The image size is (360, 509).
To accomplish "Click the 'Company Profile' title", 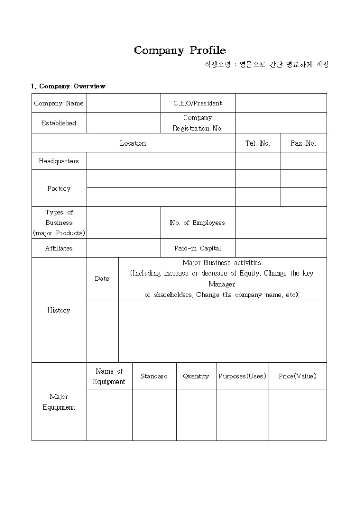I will pyautogui.click(x=179, y=50).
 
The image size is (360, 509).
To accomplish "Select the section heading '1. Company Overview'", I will pyautogui.click(x=68, y=86).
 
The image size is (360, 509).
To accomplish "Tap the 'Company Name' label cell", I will pyautogui.click(x=59, y=103).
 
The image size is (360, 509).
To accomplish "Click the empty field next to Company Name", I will pyautogui.click(x=124, y=103).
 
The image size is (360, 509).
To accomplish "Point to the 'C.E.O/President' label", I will pyautogui.click(x=197, y=103).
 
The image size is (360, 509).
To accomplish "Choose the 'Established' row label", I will pyautogui.click(x=59, y=123).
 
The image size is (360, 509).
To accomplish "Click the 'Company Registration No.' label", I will pyautogui.click(x=197, y=123).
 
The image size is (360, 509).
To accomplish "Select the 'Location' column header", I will pyautogui.click(x=133, y=143).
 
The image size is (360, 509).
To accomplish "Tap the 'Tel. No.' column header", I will pyautogui.click(x=258, y=143).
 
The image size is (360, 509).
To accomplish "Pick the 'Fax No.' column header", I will pyautogui.click(x=303, y=143).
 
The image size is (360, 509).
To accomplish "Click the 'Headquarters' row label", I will pyautogui.click(x=59, y=161).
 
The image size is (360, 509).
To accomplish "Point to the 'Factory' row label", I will pyautogui.click(x=59, y=188).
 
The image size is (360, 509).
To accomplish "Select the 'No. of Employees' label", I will pyautogui.click(x=197, y=223).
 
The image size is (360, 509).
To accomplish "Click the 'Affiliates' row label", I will pyautogui.click(x=59, y=248).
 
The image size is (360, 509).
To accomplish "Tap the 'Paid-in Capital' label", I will pyautogui.click(x=197, y=248).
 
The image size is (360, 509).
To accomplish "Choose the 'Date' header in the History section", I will pyautogui.click(x=102, y=278).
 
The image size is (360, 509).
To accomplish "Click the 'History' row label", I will pyautogui.click(x=59, y=310).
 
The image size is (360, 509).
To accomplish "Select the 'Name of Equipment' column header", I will pyautogui.click(x=109, y=376).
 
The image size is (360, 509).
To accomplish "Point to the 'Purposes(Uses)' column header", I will pyautogui.click(x=242, y=376).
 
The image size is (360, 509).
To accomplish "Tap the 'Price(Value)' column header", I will pyautogui.click(x=298, y=376).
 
